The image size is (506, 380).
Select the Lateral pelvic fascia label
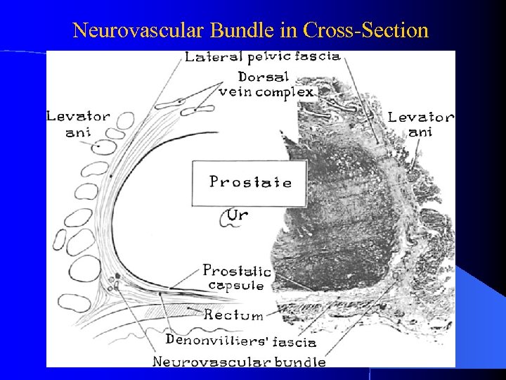263,57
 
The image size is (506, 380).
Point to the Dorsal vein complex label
266,84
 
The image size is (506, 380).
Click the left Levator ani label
78,124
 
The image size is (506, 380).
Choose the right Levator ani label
421,124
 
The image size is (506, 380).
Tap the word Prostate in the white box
250,182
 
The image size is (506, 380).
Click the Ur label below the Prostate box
237,215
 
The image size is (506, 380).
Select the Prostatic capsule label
236,278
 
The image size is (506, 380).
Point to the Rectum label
234,315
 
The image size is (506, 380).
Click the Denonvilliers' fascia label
240,341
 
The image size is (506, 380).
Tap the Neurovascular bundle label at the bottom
240,362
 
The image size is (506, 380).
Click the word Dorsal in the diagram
263,76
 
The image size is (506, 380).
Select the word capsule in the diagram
236,286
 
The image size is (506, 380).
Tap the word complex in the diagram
289,92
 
